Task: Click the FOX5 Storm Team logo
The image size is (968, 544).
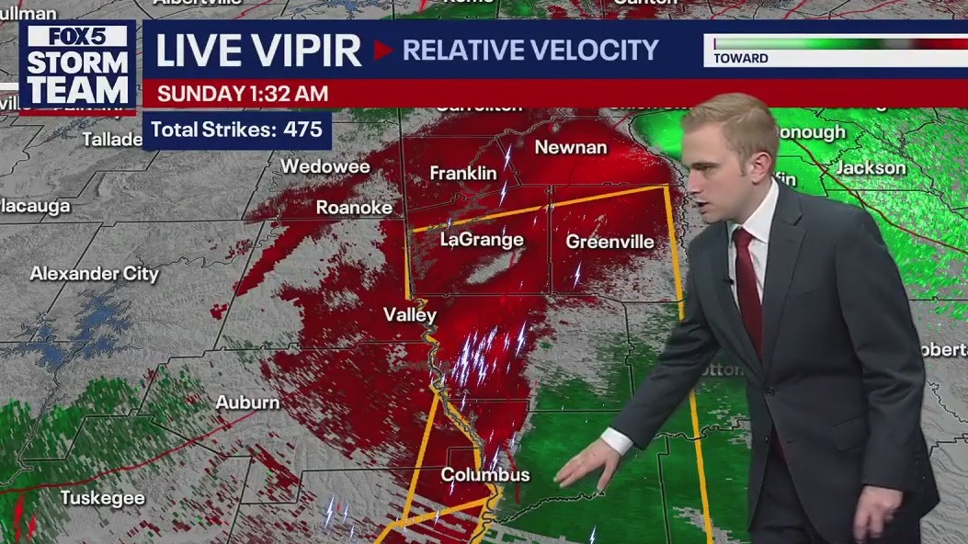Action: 77,66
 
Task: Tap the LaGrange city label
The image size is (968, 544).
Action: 481,240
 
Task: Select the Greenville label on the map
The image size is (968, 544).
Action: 609,242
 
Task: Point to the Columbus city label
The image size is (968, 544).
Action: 485,475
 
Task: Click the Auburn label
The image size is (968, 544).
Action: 247,402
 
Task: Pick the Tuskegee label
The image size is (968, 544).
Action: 102,498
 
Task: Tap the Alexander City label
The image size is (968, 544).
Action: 94,274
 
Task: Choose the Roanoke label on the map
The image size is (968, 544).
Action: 354,208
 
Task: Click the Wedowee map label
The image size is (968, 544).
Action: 325,167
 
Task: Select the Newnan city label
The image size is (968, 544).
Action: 571,147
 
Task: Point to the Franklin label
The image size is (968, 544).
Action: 463,173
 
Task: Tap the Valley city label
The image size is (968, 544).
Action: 410,314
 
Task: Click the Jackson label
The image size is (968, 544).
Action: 870,168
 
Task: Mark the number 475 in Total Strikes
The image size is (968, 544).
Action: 302,130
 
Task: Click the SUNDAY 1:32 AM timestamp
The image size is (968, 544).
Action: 242,94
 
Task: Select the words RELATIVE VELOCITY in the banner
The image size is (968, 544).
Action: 530,51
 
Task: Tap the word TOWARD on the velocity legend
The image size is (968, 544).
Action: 741,59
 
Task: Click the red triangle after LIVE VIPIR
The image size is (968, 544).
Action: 382,51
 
